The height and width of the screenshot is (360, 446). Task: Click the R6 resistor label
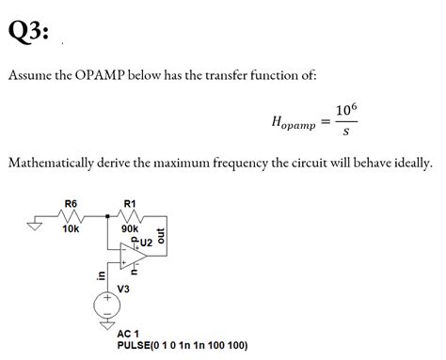(71, 203)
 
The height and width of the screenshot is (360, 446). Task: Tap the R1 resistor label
(130, 203)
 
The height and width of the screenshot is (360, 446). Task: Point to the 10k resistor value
(71, 228)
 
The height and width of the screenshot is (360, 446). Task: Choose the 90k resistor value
(130, 228)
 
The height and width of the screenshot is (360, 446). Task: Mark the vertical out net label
(162, 234)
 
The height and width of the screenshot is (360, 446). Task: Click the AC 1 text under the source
(129, 334)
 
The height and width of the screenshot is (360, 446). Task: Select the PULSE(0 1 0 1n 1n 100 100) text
(183, 345)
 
